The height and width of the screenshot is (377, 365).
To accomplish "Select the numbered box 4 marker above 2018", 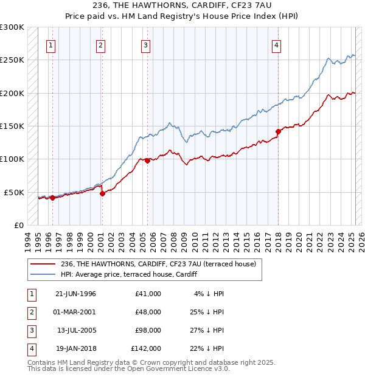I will pos(276,44).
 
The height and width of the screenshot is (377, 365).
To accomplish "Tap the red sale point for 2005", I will pos(147,161).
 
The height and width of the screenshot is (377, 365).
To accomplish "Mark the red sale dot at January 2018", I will pos(278,131).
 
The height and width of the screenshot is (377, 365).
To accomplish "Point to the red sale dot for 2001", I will pos(102,193).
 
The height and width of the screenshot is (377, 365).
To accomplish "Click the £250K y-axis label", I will pos(13,60).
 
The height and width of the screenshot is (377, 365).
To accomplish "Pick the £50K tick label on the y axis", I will pos(15,192).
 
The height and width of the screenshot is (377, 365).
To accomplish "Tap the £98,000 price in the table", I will pos(148,331).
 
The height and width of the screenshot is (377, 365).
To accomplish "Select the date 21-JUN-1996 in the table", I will pos(75,294).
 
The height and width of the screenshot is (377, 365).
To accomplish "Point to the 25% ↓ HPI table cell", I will pos(209,312).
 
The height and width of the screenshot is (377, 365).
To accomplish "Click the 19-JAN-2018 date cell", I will pos(75,349).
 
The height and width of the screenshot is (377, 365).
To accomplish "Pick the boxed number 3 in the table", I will pos(31,331).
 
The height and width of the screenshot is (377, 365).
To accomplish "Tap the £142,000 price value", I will pos(146,349).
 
